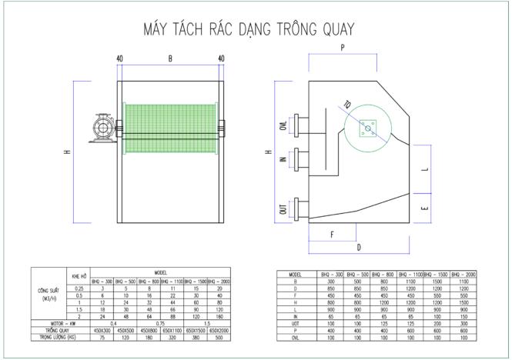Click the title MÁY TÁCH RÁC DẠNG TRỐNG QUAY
tap(249, 30)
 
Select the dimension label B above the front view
tap(169, 59)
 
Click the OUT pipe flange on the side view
tap(300, 209)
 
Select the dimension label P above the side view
tap(341, 48)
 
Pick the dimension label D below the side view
tap(359, 248)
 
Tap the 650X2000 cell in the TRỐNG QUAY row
tap(221, 330)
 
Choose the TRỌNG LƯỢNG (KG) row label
tap(59, 337)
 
